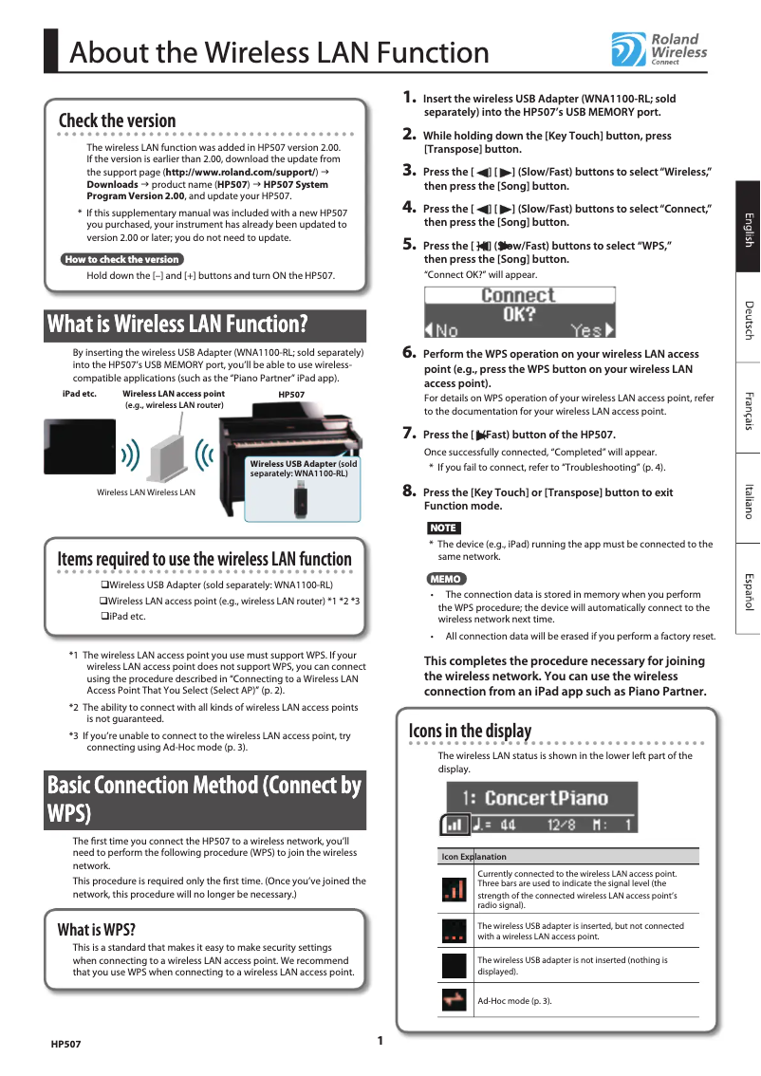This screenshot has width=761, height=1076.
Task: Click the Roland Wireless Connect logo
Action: click(x=659, y=49)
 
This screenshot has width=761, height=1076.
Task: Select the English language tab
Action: click(x=748, y=231)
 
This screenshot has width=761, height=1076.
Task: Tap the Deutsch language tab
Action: click(x=748, y=320)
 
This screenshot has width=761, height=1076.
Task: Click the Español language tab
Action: click(x=748, y=591)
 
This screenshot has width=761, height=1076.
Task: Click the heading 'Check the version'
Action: click(x=117, y=121)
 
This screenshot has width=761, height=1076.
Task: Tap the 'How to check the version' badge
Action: click(x=121, y=259)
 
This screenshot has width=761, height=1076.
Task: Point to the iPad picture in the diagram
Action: click(x=79, y=444)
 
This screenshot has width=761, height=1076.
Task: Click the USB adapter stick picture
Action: click(x=300, y=497)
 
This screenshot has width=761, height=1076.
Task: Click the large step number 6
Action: click(x=410, y=352)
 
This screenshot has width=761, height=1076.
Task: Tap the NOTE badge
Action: click(x=443, y=528)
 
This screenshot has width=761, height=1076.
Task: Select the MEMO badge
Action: click(x=446, y=578)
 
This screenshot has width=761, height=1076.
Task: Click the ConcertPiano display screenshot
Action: click(x=538, y=807)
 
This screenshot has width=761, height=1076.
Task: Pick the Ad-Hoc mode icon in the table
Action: click(x=455, y=999)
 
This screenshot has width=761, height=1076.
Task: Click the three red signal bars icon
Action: click(x=455, y=889)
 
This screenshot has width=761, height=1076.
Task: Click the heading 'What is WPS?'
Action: click(x=96, y=929)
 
